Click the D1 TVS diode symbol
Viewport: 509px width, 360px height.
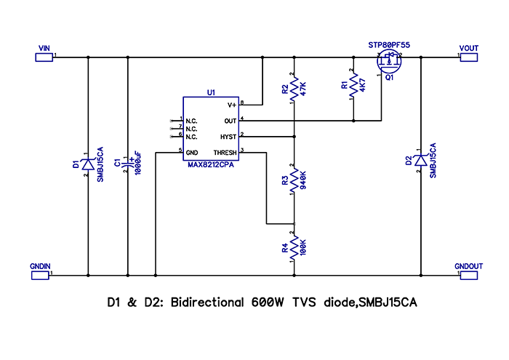[x=87, y=166]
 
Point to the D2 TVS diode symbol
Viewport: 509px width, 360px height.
[x=420, y=161]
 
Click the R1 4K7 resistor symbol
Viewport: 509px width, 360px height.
[x=353, y=86]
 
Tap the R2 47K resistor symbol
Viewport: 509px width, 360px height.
[x=294, y=89]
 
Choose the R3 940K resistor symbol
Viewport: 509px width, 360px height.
[x=294, y=181]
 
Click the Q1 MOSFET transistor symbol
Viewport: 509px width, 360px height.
[x=385, y=63]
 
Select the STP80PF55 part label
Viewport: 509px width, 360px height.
[x=389, y=45]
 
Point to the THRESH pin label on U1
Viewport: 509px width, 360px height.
[x=225, y=153]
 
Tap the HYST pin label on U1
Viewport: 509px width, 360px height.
[x=228, y=136]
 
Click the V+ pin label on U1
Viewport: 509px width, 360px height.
[x=232, y=105]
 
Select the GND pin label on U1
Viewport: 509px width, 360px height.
[x=192, y=153]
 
